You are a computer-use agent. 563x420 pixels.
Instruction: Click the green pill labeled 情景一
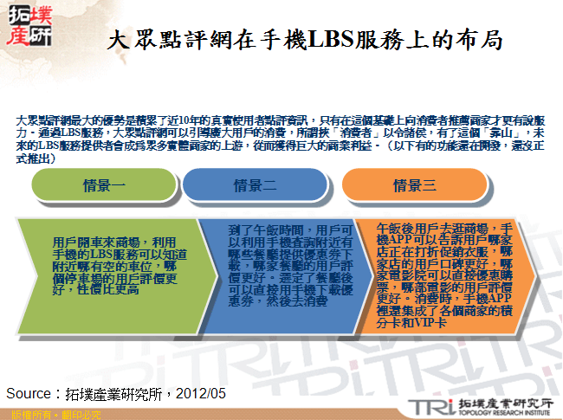[x=104, y=185]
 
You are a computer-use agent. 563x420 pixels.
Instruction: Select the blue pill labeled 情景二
[x=256, y=185]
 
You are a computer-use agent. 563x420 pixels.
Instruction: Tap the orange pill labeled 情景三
[x=415, y=185]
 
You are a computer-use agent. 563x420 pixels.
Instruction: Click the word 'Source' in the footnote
[x=31, y=394]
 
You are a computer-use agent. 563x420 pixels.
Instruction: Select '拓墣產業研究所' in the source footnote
[x=109, y=394]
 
